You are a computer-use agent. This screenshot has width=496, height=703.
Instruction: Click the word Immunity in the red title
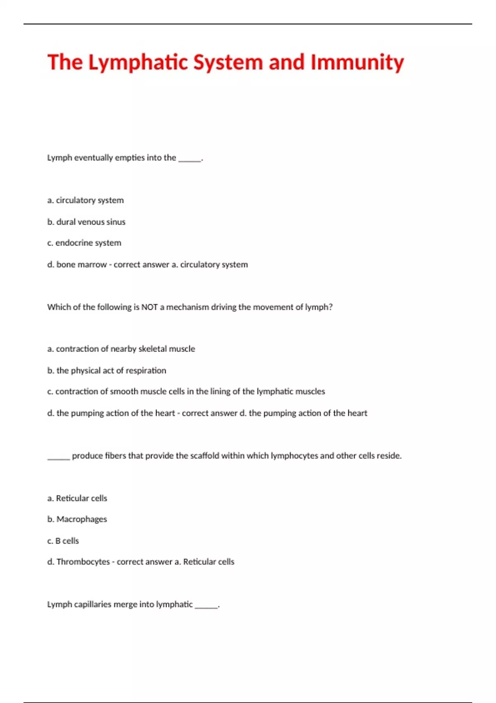tap(357, 62)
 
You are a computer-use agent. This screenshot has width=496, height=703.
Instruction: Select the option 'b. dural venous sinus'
tap(86, 222)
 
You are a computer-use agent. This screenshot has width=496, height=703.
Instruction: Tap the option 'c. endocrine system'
tap(84, 243)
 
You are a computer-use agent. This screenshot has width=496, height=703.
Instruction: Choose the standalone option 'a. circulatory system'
tap(86, 201)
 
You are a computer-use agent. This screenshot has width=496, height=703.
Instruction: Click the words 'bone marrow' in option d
tap(81, 265)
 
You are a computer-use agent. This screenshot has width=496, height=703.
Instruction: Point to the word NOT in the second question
tap(150, 307)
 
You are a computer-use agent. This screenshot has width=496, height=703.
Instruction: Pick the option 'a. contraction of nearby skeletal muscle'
tap(121, 349)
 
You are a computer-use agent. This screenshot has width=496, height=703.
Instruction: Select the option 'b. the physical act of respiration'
tap(107, 371)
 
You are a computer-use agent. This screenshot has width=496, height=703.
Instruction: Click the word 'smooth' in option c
tap(123, 392)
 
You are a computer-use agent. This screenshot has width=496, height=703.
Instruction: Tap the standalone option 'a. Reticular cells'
tap(77, 498)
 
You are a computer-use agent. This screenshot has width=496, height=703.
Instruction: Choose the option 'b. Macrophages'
tap(77, 519)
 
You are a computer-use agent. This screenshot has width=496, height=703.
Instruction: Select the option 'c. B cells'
tap(63, 541)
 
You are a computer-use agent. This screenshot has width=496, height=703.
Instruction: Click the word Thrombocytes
tap(83, 562)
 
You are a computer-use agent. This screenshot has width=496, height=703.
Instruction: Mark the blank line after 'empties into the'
tap(190, 160)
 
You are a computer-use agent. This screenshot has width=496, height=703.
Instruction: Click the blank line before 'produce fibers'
tap(58, 459)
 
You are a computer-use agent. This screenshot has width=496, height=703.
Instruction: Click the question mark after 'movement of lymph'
tap(331, 307)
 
